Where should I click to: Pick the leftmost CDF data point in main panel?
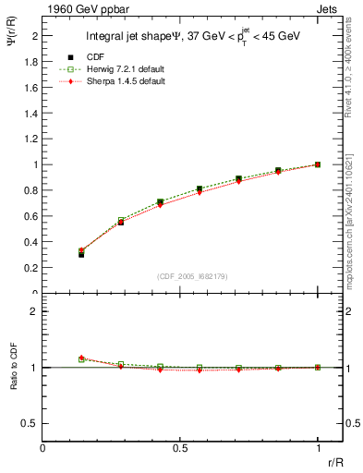point(81,253)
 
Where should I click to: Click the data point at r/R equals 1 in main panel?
point(318,164)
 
